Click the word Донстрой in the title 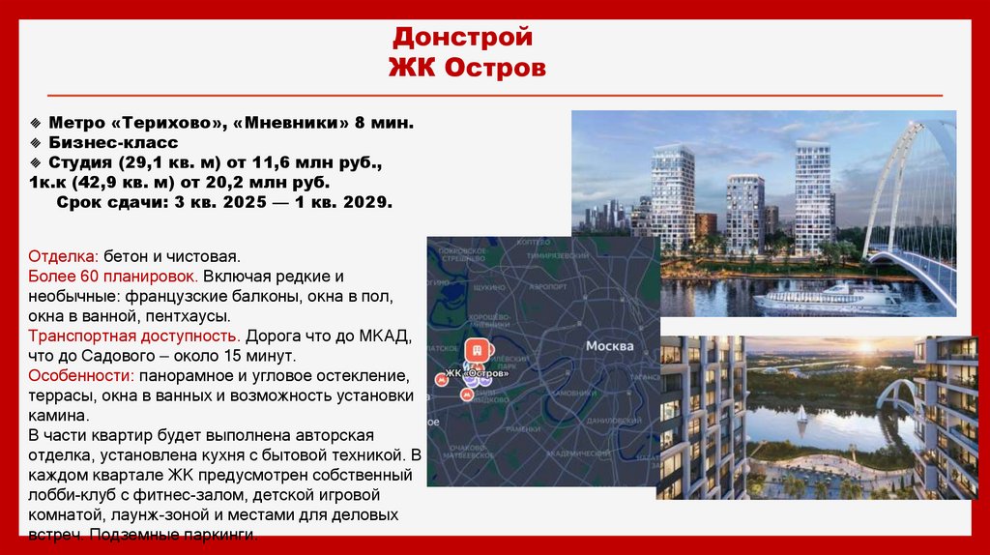click(x=462, y=39)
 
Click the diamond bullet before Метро click(x=35, y=123)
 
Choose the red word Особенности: click(x=81, y=375)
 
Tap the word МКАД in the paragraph click(x=391, y=336)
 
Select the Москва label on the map click(x=609, y=346)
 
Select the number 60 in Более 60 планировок click(x=80, y=277)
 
